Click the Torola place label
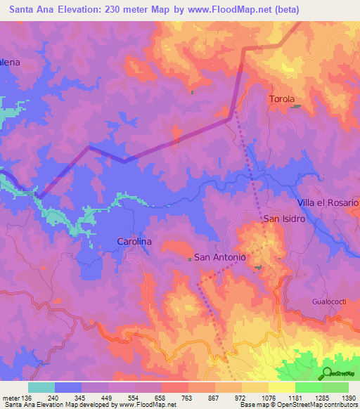282,99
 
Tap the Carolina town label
134,241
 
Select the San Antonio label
219,257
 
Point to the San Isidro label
284,219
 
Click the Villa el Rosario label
328,202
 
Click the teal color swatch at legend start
41,387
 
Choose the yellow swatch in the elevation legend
281,387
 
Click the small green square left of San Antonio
190,259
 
